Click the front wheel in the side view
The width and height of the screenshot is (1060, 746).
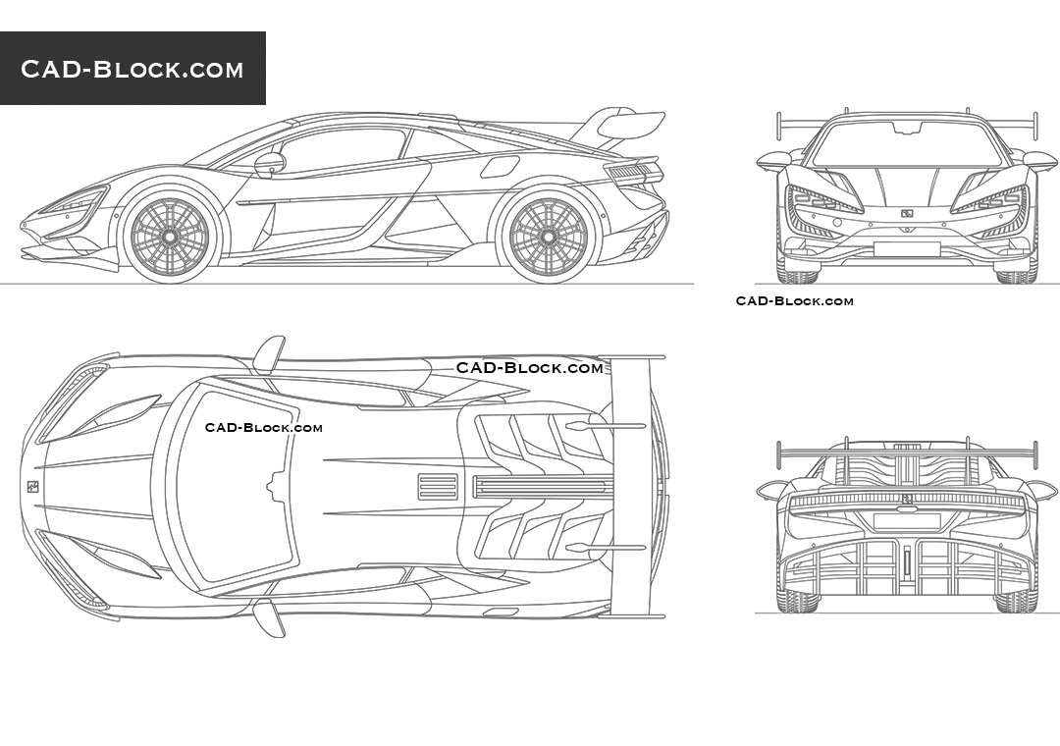169,237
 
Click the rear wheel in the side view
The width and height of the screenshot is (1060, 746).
548,237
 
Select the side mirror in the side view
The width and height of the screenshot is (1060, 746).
269,163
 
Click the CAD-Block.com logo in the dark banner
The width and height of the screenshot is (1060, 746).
132,69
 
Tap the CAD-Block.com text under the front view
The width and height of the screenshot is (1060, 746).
794,301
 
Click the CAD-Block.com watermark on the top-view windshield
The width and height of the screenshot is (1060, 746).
263,427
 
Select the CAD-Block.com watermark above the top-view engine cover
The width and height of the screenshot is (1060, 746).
529,368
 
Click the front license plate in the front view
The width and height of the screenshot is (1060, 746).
906,248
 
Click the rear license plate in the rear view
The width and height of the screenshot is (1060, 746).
906,521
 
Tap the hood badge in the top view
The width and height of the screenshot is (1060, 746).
32,486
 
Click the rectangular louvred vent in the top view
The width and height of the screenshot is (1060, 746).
438,487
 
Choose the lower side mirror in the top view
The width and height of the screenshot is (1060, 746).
269,618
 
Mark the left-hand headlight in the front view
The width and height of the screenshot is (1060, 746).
824,200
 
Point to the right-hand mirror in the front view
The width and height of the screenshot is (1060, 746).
1039,160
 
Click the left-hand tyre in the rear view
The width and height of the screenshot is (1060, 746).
796,599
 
